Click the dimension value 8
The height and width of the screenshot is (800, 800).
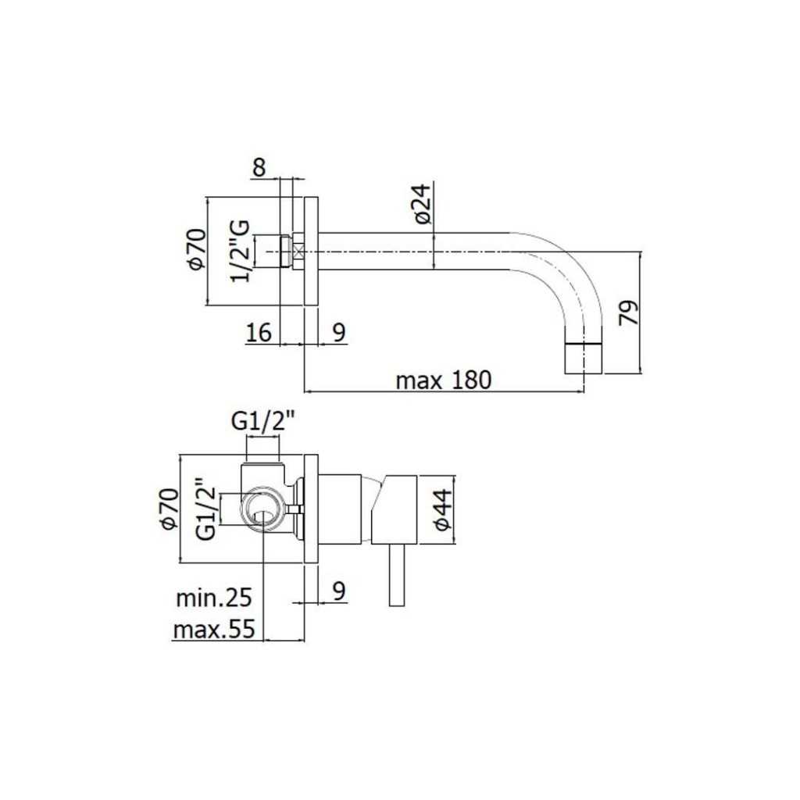259,167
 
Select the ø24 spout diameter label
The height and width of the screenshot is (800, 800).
423,203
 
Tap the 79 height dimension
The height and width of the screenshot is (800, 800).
629,312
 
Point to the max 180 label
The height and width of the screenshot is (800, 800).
444,380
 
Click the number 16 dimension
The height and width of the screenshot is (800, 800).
259,333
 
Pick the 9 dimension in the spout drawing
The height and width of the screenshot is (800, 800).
339,333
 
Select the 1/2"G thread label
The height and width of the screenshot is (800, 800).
240,251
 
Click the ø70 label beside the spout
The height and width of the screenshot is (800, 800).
196,249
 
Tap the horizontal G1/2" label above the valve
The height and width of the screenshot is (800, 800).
263,421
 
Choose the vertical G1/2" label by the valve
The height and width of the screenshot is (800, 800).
206,509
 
